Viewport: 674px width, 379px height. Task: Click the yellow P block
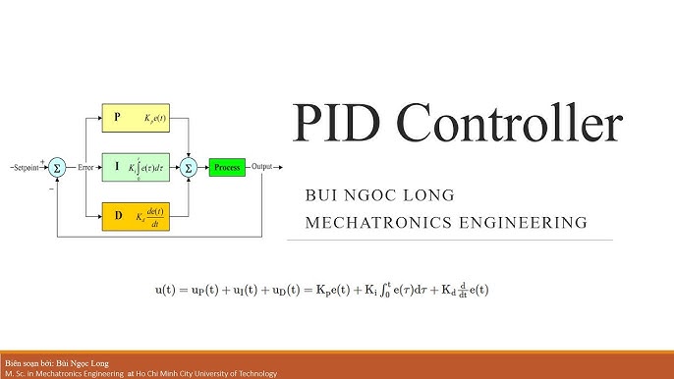(x=137, y=117)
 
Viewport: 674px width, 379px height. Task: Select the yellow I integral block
(x=137, y=167)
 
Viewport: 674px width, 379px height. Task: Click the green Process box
(x=226, y=167)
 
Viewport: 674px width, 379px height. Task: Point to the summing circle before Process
(x=189, y=167)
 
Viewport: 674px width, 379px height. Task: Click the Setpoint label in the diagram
(x=24, y=167)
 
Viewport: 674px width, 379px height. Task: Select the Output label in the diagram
(x=263, y=167)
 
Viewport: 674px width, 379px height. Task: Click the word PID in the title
(x=340, y=126)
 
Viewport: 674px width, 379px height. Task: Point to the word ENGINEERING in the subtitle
(x=525, y=224)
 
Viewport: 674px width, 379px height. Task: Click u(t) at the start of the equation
(x=170, y=291)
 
